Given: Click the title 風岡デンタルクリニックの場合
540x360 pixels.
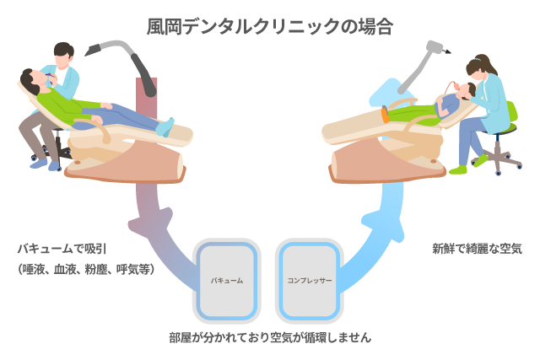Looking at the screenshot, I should [x=270, y=26].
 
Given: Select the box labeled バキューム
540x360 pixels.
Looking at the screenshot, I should [x=226, y=280].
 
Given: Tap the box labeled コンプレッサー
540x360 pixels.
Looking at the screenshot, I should [x=309, y=280].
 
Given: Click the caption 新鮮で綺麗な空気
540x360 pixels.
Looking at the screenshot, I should [x=477, y=249].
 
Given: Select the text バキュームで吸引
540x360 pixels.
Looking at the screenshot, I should [x=62, y=250].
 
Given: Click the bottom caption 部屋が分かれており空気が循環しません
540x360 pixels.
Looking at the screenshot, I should [x=270, y=336].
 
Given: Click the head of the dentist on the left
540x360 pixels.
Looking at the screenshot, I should [x=64, y=53].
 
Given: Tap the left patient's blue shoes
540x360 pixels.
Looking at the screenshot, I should [x=165, y=127].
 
